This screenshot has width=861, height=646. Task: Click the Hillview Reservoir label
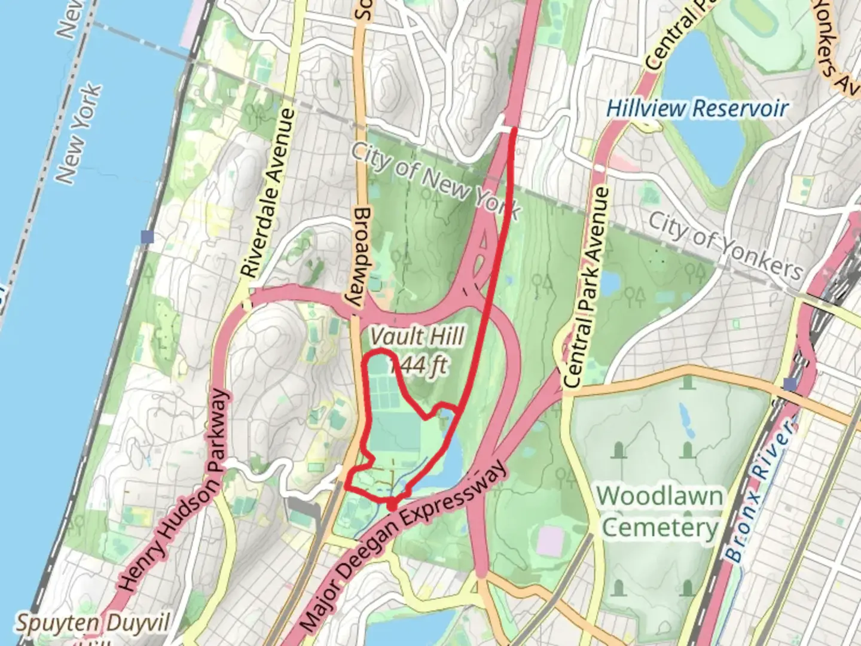coord(697,109)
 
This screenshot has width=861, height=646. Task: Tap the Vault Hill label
coord(417,337)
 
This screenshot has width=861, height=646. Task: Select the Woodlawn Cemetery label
coord(660,512)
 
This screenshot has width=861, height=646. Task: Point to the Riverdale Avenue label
coord(268,193)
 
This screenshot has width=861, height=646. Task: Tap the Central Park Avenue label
coord(587,287)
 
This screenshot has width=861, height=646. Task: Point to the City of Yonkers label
coord(726,245)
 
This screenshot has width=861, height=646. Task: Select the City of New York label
coord(435,179)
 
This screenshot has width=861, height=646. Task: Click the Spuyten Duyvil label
coord(93,623)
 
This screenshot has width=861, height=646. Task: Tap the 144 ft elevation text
coord(419,364)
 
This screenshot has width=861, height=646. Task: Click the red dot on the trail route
coord(392,506)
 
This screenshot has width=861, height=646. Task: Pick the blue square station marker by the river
coord(147,237)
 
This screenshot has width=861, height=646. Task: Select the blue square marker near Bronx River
coord(790,383)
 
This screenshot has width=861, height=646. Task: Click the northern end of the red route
coord(514,129)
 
